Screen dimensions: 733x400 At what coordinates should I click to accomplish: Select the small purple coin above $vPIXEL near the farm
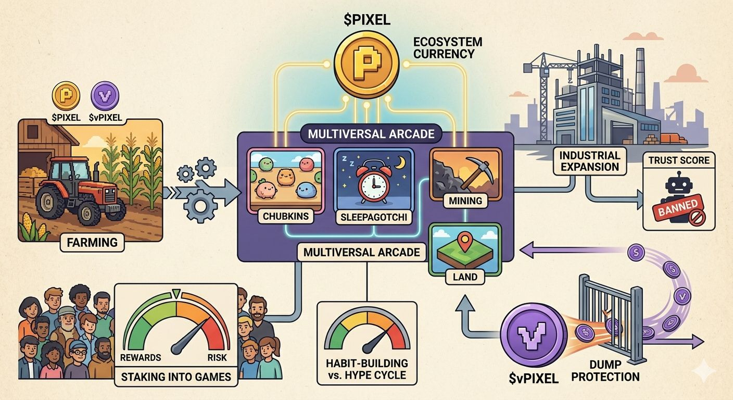tap(105, 97)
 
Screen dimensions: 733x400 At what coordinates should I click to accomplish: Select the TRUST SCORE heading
tap(679, 160)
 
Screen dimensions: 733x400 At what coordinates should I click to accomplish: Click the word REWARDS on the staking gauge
tap(140, 357)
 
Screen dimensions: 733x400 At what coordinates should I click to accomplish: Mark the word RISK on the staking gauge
tap(217, 357)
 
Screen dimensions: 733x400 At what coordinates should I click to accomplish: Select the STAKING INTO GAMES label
tap(176, 377)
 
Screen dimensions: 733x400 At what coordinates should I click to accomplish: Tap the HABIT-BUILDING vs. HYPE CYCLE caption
tap(367, 369)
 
